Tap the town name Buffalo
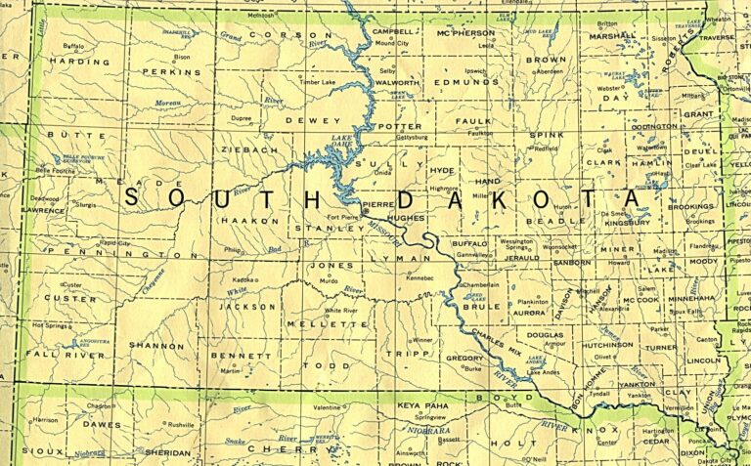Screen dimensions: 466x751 [73, 46]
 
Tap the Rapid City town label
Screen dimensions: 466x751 [115, 242]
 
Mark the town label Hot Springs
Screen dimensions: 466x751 [51, 324]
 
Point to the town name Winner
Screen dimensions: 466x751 [421, 340]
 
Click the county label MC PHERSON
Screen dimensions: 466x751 [465, 33]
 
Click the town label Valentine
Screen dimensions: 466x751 [327, 406]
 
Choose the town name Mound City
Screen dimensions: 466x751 [391, 44]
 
